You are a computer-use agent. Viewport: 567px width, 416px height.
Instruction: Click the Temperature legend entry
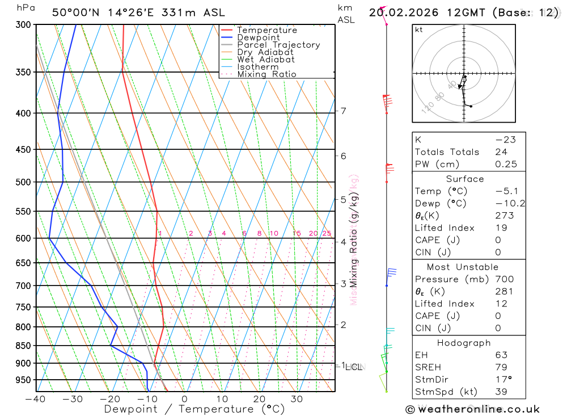tap(266, 30)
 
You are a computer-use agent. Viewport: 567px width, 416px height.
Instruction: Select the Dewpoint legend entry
tap(259, 37)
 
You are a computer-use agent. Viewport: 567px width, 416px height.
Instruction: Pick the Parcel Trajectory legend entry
tap(278, 45)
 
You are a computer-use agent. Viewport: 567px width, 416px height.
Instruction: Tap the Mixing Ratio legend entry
tap(266, 74)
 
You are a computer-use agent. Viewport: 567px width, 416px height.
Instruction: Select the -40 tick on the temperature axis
tap(35, 399)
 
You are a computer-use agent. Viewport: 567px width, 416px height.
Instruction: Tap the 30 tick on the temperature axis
tap(297, 399)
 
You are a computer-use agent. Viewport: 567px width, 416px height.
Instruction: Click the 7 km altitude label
tap(344, 111)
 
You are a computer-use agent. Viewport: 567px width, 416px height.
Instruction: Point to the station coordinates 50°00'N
tap(74, 12)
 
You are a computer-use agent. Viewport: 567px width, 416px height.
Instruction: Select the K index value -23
tap(503, 140)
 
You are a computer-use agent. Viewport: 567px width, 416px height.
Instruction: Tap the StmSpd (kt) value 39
tap(501, 392)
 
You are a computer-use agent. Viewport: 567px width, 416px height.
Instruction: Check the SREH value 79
tap(501, 367)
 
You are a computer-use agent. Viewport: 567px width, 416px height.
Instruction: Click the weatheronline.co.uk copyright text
tap(472, 409)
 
